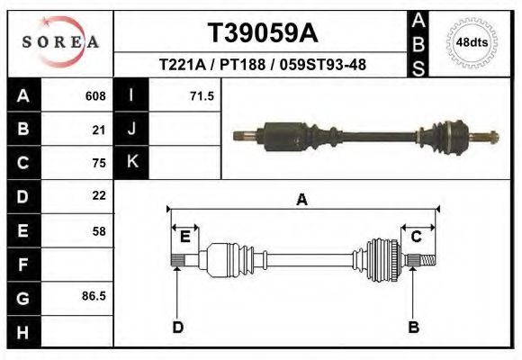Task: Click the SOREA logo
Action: [x=59, y=42]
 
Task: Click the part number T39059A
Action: [x=262, y=33]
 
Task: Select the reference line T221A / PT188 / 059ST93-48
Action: [x=262, y=65]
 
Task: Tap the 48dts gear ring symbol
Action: [x=466, y=42]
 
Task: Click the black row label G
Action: [x=22, y=298]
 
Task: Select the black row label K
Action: [x=132, y=162]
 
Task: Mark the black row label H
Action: [x=22, y=331]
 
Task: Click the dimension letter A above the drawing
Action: [x=301, y=200]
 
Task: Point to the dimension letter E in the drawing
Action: [x=184, y=237]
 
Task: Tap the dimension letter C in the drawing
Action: [x=417, y=237]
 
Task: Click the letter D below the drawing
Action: [x=177, y=328]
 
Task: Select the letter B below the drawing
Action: [x=413, y=328]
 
